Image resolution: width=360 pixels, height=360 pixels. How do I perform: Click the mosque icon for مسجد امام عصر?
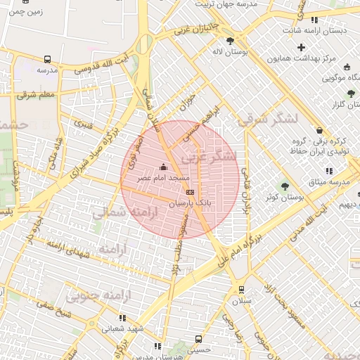(x=164, y=167)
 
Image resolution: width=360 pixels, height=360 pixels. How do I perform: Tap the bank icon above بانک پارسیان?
(x=189, y=191)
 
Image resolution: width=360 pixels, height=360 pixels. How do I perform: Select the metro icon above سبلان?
(x=241, y=289)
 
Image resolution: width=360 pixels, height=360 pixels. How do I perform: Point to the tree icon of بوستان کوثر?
(x=285, y=186)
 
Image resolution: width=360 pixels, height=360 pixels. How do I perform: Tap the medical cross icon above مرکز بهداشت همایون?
(x=302, y=47)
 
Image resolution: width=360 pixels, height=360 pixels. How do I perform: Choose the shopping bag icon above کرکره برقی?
(x=320, y=130)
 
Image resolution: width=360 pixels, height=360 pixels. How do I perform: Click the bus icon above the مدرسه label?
(x=47, y=60)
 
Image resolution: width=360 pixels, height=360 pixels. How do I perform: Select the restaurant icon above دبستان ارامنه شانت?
(x=314, y=20)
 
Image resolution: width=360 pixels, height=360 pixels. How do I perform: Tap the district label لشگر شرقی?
(x=268, y=120)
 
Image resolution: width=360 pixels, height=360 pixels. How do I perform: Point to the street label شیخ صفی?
(x=53, y=309)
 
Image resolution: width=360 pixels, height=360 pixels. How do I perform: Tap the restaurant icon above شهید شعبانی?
(x=123, y=318)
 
